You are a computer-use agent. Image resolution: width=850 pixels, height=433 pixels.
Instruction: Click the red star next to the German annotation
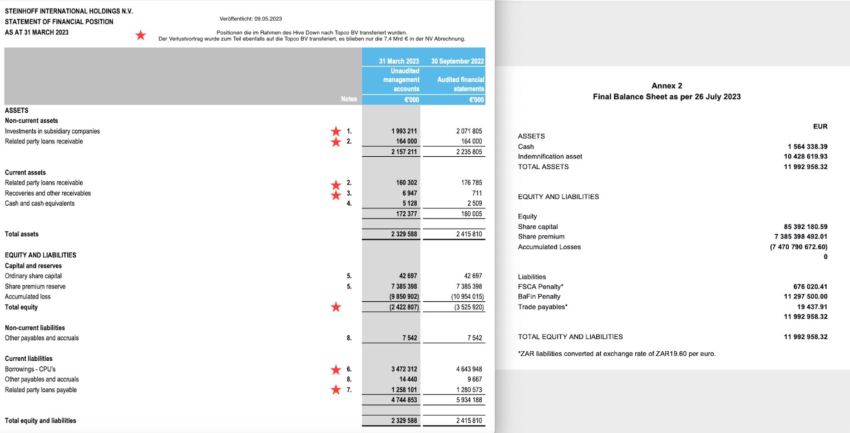click(141, 36)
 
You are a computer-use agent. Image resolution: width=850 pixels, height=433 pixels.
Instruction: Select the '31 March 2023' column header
click(399, 61)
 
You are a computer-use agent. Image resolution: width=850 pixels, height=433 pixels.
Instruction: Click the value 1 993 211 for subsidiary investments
click(404, 131)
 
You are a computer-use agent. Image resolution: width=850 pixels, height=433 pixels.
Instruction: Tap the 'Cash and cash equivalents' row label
click(39, 203)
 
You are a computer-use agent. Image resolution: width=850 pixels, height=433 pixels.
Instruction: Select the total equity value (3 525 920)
click(469, 307)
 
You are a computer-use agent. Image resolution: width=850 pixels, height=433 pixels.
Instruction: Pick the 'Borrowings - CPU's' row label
click(30, 369)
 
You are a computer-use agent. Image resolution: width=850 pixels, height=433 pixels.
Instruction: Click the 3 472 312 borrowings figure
click(404, 369)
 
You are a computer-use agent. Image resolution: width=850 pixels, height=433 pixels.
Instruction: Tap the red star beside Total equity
click(335, 307)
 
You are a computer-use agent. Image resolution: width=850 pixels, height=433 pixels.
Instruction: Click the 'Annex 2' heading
click(666, 86)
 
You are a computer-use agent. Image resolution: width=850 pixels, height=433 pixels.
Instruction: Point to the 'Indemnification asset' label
click(550, 157)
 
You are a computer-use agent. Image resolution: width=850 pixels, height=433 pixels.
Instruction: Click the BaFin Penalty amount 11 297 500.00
click(805, 297)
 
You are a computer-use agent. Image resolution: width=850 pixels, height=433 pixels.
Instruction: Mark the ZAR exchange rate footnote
click(616, 354)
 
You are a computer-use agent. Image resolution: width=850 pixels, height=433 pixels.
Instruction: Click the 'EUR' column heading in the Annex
click(820, 127)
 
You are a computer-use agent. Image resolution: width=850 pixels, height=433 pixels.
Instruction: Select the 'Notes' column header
click(348, 99)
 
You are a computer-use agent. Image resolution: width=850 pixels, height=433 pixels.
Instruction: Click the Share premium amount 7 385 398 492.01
click(801, 237)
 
